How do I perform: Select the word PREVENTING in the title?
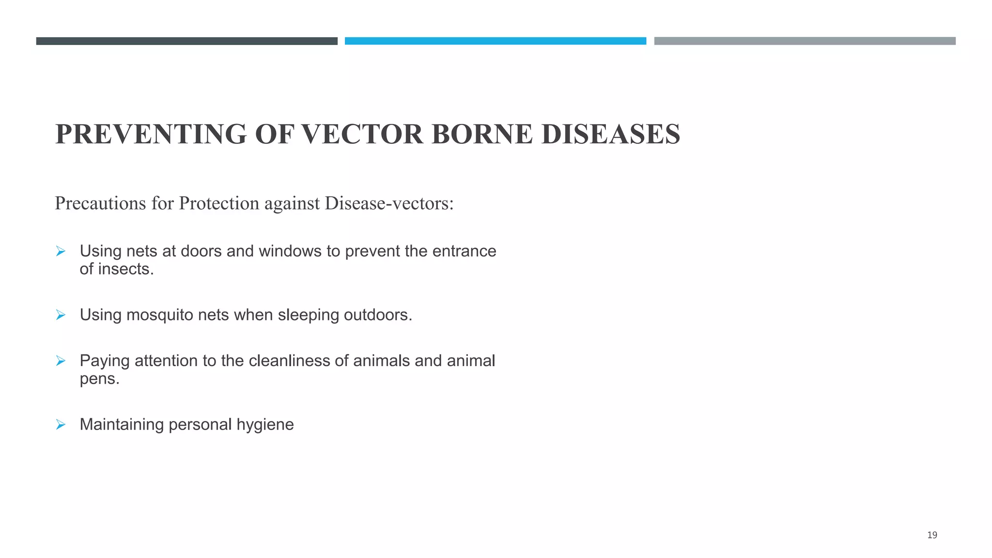151,134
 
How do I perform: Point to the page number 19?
932,535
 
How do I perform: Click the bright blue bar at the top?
495,41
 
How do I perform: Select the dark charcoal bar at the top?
186,41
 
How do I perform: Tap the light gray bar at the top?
805,41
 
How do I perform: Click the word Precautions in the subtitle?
100,203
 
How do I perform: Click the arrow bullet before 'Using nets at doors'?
61,251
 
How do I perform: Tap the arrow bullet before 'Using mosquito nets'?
61,315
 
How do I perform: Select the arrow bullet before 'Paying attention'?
61,361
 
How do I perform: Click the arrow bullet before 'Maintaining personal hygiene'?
61,425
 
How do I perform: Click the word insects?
126,269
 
